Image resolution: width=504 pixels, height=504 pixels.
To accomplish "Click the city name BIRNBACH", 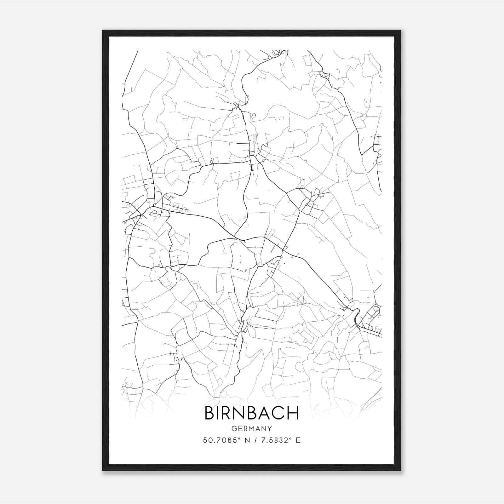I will click(252, 413).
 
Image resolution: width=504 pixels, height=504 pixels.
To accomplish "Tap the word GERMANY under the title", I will click(252, 429).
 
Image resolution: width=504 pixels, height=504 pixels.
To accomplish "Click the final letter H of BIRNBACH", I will click(293, 413).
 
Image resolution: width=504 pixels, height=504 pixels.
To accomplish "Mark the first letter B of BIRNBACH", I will click(209, 413).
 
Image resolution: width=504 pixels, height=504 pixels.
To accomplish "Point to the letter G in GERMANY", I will click(234, 429).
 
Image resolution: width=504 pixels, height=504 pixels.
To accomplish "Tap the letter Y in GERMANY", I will click(270, 429).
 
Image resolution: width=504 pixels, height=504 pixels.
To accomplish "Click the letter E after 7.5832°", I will click(298, 440).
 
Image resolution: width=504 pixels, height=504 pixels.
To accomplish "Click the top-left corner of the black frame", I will click(103, 31).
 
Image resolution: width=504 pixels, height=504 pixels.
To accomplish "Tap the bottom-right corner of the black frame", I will click(400, 471).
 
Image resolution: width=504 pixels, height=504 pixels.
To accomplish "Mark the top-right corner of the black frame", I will click(400, 31).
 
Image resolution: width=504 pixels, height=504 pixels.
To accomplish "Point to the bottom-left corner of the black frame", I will click(103, 471).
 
